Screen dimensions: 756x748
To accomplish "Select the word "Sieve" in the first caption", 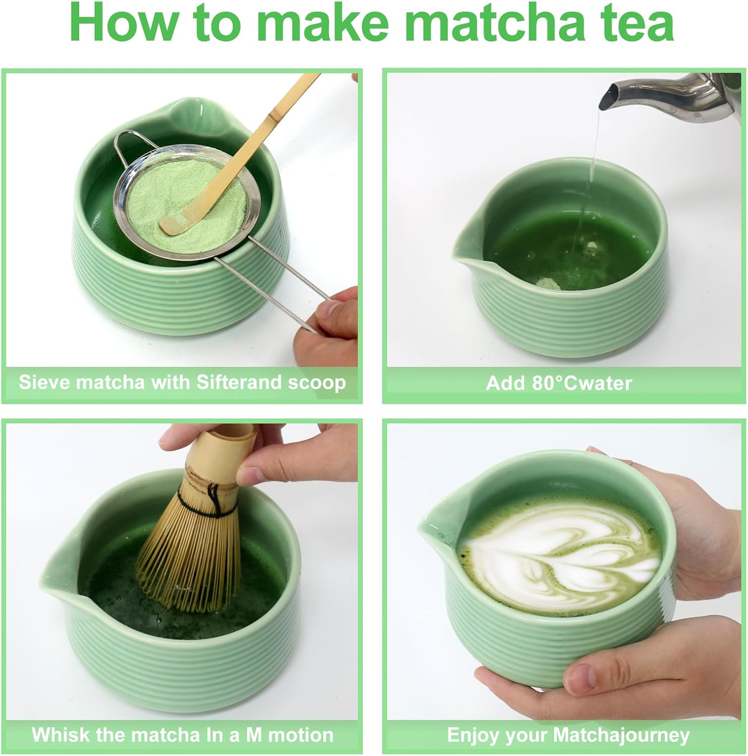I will (x=42, y=382).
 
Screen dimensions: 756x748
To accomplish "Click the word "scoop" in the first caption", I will (x=317, y=382).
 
